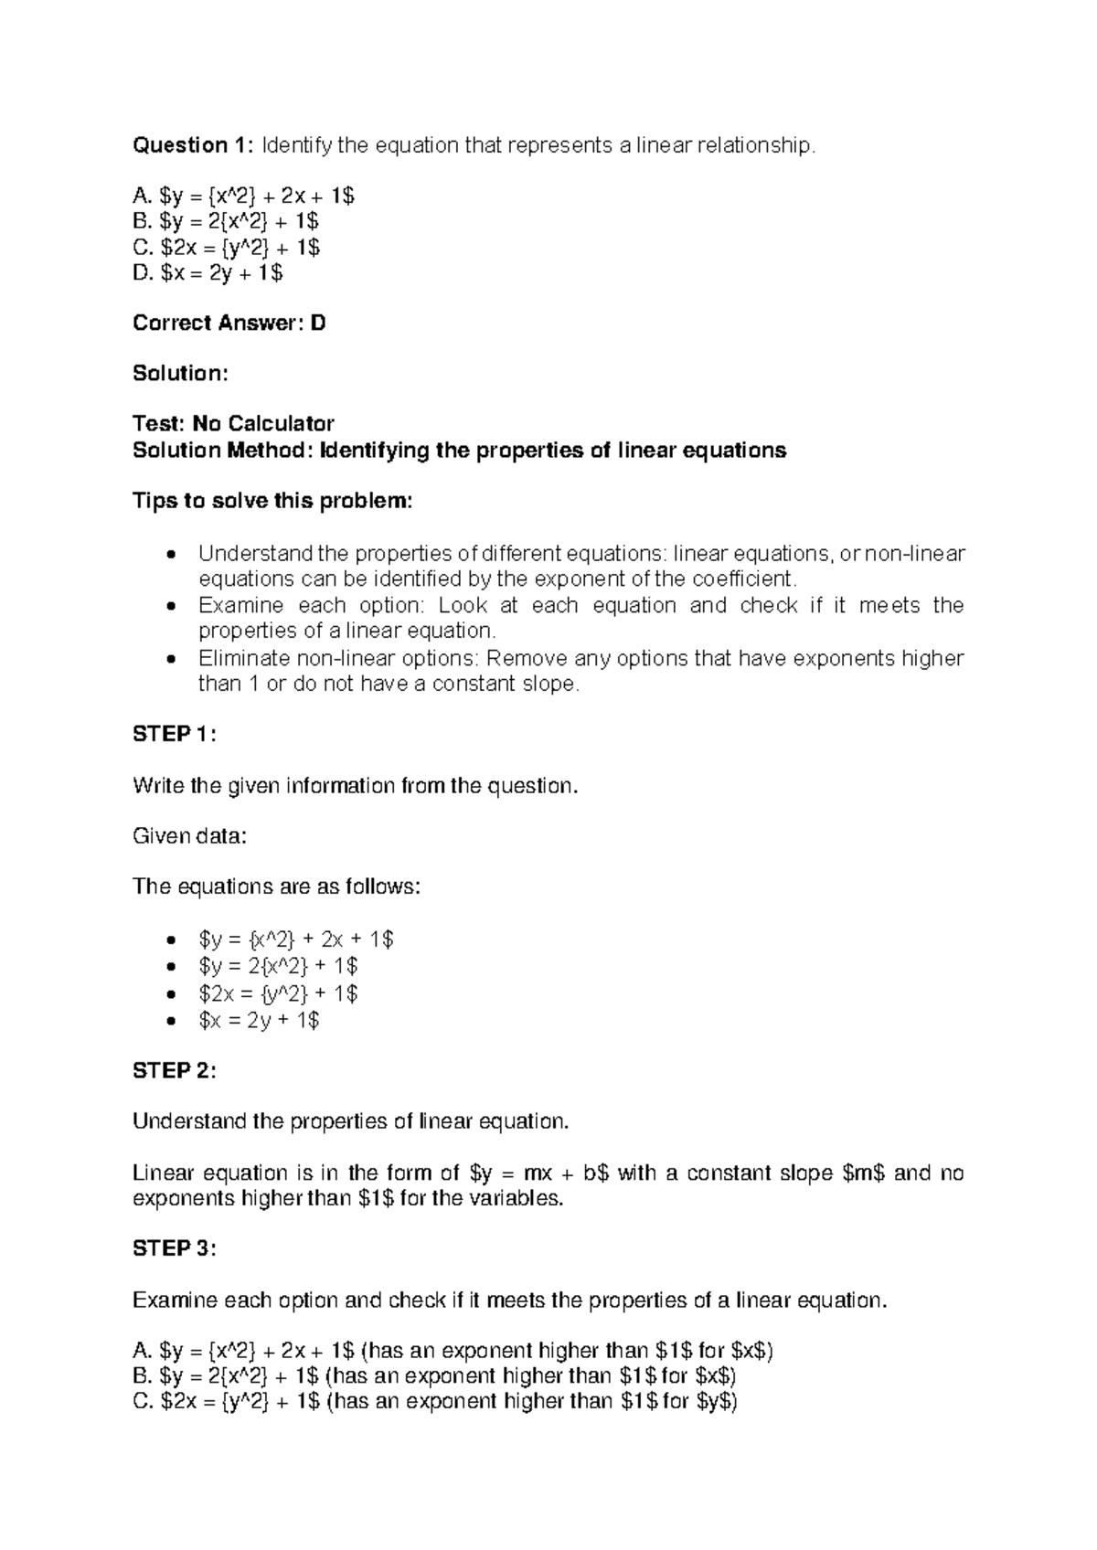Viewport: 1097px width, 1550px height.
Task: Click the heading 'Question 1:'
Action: tap(194, 145)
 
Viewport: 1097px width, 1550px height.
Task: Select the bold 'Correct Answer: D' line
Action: tap(229, 323)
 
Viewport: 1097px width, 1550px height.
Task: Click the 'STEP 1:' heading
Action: tap(175, 734)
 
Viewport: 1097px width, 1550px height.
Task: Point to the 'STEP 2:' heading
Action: tap(175, 1070)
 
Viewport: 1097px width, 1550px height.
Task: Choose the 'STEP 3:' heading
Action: tap(175, 1248)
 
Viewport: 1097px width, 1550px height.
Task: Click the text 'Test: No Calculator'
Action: tap(233, 424)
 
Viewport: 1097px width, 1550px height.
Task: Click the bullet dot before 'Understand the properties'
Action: tap(170, 555)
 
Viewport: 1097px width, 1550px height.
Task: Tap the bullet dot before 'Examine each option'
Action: tap(170, 607)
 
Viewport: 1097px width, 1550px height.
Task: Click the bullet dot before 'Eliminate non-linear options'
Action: tap(170, 659)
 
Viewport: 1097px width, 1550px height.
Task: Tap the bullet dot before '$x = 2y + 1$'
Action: tap(170, 1021)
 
